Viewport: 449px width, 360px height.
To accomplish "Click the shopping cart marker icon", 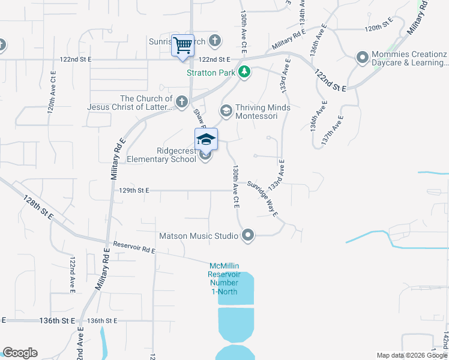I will tap(182, 45).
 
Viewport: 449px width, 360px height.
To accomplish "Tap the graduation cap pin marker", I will tap(206, 140).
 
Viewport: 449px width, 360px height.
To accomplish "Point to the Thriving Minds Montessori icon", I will tap(226, 110).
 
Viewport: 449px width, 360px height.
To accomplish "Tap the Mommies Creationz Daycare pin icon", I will tap(362, 58).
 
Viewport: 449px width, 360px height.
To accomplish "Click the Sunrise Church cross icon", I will tap(215, 41).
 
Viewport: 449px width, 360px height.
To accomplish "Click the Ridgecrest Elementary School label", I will tap(161, 155).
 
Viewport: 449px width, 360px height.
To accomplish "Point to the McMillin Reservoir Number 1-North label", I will tap(224, 279).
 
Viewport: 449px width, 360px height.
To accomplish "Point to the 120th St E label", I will tap(378, 28).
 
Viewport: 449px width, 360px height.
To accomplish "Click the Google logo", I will tap(20, 353).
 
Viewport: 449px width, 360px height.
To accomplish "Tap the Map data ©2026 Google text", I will tap(412, 355).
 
